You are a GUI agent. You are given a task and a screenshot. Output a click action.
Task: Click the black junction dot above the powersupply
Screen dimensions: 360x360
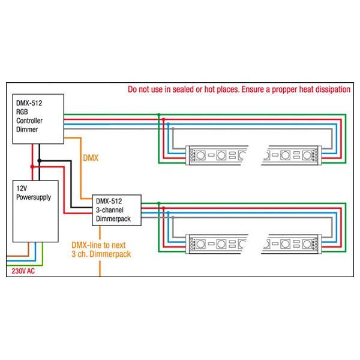pyautogui.click(x=39, y=161)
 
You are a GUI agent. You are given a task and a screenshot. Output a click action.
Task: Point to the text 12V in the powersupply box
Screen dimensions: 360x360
pyautogui.click(x=21, y=188)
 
